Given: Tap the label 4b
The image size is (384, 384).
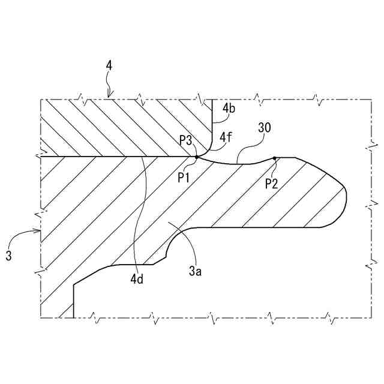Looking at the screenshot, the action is point(229,108).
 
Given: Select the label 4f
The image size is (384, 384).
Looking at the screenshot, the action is point(226,137).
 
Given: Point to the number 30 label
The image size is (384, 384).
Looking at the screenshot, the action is point(264,127).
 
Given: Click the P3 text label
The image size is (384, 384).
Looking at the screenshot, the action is point(186,140).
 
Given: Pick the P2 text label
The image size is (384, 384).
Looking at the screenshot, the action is point(272,184).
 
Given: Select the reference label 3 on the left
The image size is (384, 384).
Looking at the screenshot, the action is point(8,256).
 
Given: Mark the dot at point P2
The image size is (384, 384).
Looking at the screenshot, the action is point(274,158).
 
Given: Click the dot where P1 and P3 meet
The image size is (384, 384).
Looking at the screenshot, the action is point(196,157).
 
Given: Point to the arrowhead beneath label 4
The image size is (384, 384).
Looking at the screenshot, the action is point(109,95).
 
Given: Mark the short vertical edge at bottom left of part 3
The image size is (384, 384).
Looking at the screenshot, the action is point(74,300).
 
